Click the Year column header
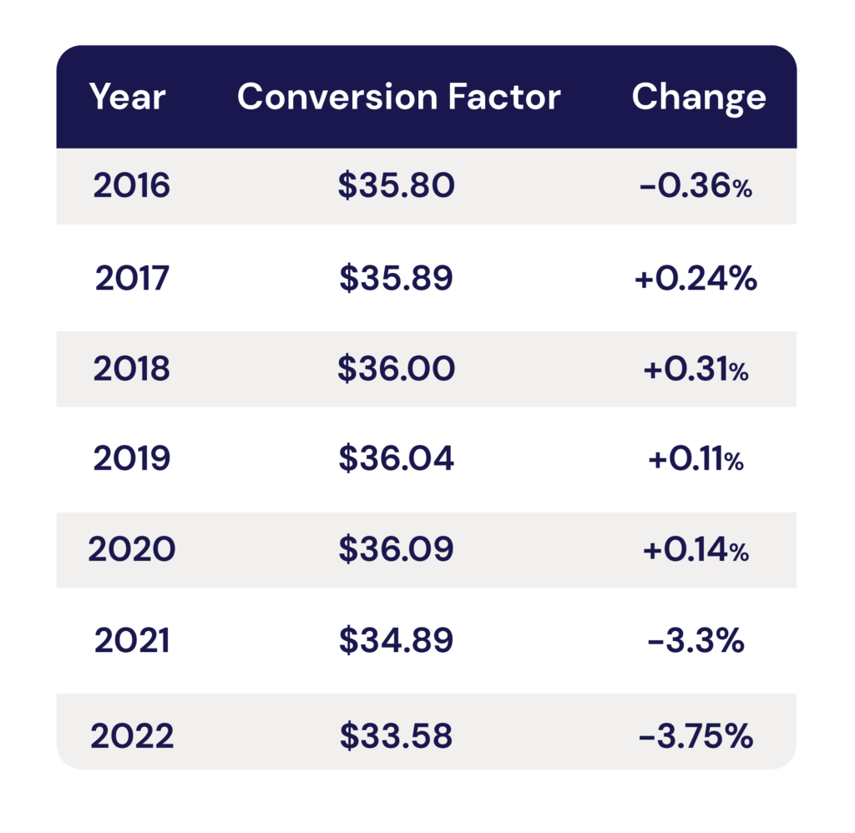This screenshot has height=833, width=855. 127,97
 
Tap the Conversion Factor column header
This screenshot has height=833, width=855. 398,97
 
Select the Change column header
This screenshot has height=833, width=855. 698,97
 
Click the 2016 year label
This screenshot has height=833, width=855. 131,186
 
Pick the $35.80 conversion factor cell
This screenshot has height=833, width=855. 396,186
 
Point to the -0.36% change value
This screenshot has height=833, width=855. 696,186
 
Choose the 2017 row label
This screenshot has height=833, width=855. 131,278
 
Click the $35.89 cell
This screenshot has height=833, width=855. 396,278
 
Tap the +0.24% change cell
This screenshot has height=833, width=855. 696,278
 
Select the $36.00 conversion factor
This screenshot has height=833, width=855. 396,369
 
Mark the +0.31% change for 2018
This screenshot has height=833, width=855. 696,369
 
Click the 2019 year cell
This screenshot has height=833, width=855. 131,458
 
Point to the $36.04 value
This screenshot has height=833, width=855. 396,458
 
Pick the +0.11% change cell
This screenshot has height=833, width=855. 696,458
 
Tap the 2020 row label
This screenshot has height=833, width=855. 131,549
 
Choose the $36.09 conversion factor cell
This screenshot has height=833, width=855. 396,549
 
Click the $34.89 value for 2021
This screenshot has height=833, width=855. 396,640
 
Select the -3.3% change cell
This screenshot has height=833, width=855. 696,640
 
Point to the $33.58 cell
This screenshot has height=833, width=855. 396,736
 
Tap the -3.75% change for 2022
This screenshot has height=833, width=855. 696,736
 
